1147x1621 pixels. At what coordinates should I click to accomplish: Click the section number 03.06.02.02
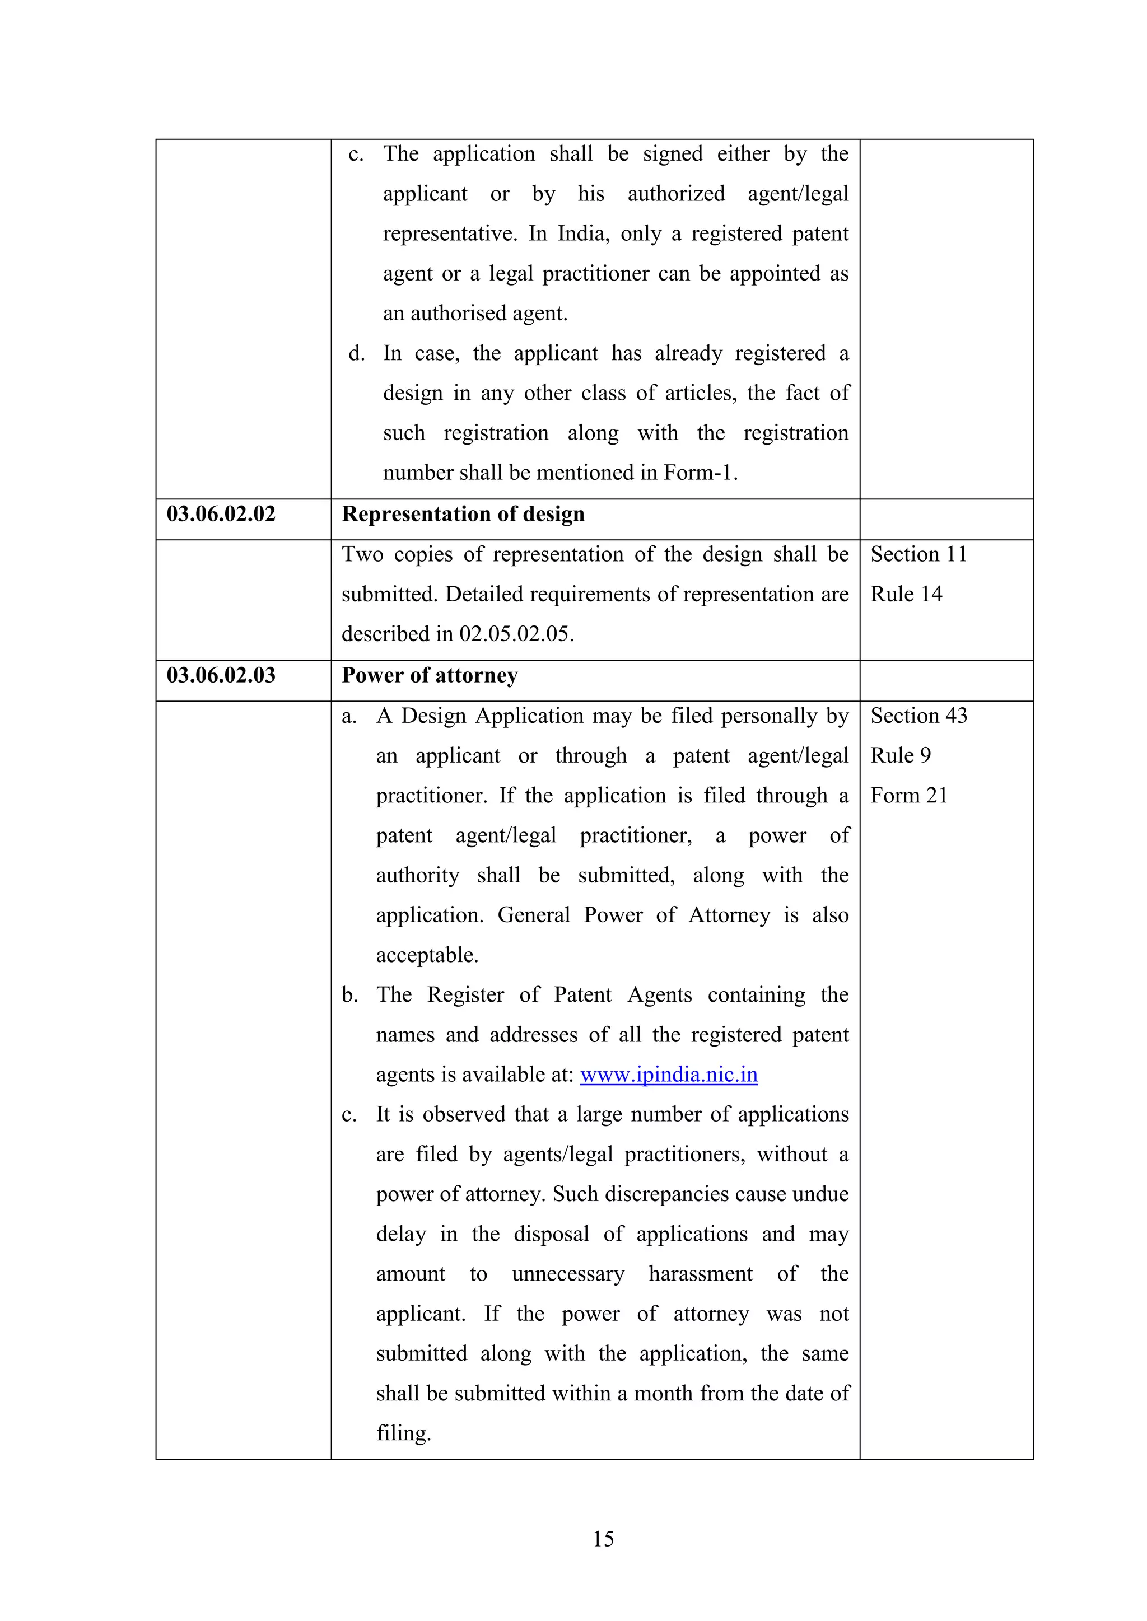(221, 514)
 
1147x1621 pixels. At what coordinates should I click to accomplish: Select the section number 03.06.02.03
(221, 676)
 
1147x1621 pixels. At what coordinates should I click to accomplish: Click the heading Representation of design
(463, 515)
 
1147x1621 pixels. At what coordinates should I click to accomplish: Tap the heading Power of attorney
(430, 676)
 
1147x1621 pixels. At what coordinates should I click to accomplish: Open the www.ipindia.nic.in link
(669, 1075)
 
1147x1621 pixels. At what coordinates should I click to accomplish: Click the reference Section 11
(918, 555)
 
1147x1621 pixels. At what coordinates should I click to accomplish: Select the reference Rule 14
(906, 595)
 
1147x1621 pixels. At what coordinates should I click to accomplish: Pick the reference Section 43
(918, 716)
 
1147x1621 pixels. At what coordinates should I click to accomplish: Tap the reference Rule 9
(901, 756)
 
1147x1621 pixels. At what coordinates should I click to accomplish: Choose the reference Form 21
(909, 796)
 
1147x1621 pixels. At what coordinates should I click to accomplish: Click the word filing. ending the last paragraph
(403, 1433)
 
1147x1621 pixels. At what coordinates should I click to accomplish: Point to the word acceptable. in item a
(427, 955)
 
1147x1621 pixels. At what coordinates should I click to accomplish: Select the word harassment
(701, 1274)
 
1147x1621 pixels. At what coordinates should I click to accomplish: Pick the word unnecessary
(568, 1274)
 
